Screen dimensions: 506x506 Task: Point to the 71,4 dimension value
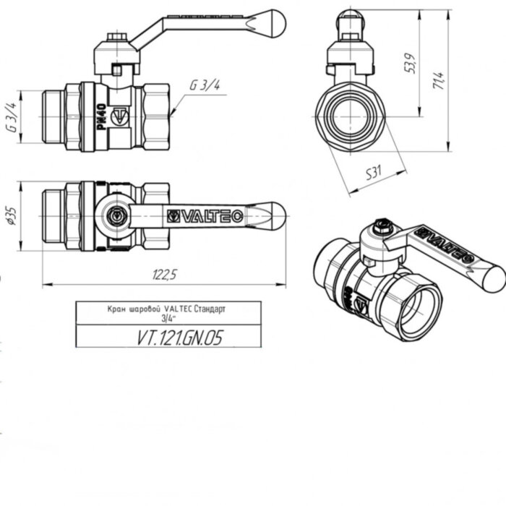pos(437,76)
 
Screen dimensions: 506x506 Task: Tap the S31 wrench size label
pos(374,173)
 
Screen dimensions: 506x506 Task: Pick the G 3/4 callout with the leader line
pos(205,85)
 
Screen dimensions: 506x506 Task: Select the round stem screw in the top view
pos(116,215)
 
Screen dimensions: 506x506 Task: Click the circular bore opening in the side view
pos(354,113)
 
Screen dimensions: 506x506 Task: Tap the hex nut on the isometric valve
pos(385,230)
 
